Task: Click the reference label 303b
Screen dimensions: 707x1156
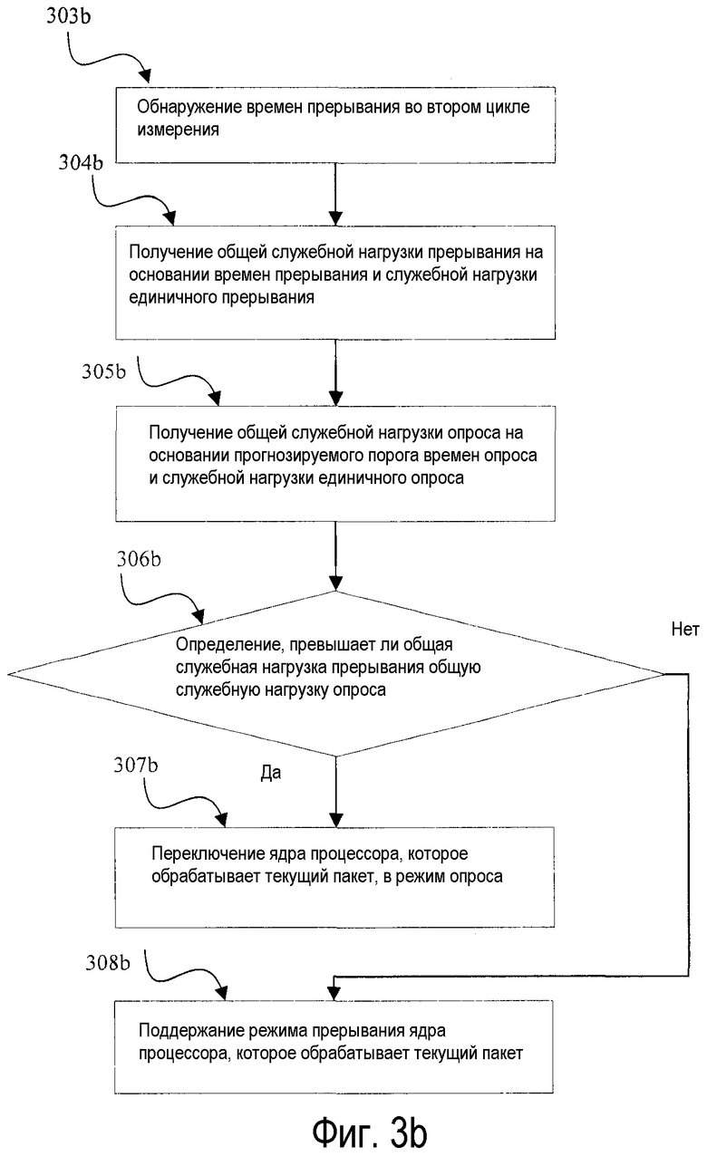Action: coord(68,16)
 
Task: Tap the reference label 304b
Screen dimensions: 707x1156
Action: coord(80,162)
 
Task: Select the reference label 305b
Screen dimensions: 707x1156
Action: coord(103,371)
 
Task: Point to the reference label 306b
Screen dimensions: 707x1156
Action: coord(139,559)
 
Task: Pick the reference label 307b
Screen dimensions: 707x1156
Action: coord(136,765)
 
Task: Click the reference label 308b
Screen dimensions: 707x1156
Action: coord(108,963)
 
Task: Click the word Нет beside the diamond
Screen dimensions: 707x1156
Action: coord(685,629)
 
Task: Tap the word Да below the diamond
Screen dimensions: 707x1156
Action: coord(271,773)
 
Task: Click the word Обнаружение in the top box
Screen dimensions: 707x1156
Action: coord(189,107)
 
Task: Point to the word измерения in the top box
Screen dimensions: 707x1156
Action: coord(179,130)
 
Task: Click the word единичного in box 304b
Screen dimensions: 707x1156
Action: coord(173,298)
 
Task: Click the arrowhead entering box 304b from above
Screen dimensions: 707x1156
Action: coord(335,219)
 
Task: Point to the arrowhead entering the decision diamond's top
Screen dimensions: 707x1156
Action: coord(335,583)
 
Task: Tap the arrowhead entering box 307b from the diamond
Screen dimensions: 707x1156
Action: coord(335,820)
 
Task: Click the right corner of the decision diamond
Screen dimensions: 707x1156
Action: coord(663,674)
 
